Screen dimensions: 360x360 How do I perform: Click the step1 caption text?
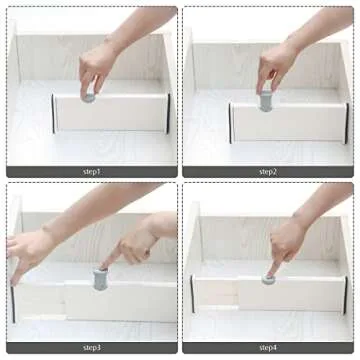(92, 171)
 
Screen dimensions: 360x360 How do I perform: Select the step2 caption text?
(268, 171)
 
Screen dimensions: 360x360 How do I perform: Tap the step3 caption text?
(92, 347)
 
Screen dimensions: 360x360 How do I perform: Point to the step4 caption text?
(268, 347)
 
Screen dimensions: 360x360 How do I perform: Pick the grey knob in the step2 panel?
(265, 99)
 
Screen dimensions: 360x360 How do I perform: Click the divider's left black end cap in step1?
(54, 114)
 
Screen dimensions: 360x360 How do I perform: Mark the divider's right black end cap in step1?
(167, 113)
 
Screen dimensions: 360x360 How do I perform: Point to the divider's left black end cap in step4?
(191, 293)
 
